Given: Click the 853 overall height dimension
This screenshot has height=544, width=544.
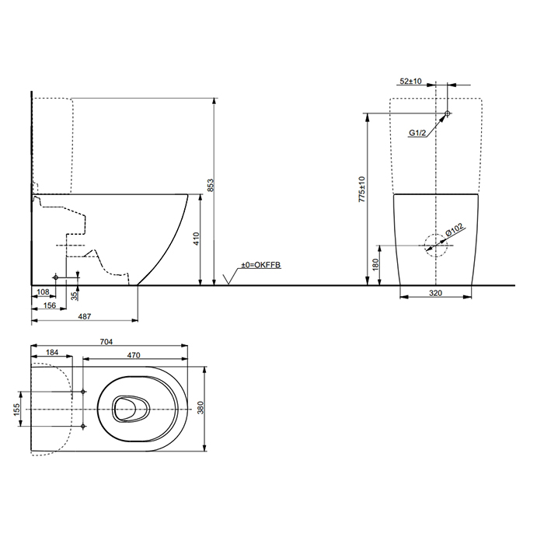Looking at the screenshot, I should [209, 186].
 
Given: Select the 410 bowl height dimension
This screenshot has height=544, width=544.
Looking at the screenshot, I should [197, 239].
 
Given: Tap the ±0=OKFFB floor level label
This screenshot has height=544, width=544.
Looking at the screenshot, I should [260, 266].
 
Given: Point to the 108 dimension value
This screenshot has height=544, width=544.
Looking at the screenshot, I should [43, 293].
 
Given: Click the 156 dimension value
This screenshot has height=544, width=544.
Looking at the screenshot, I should [49, 306].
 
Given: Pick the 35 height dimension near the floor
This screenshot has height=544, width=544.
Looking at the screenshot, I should [75, 296].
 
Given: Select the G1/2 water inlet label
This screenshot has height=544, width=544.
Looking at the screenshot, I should [418, 133].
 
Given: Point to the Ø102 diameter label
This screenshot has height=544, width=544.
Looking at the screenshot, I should [455, 230].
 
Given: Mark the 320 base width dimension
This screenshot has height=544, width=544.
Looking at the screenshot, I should [436, 295].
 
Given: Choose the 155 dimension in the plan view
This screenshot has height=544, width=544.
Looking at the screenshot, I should [17, 409].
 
